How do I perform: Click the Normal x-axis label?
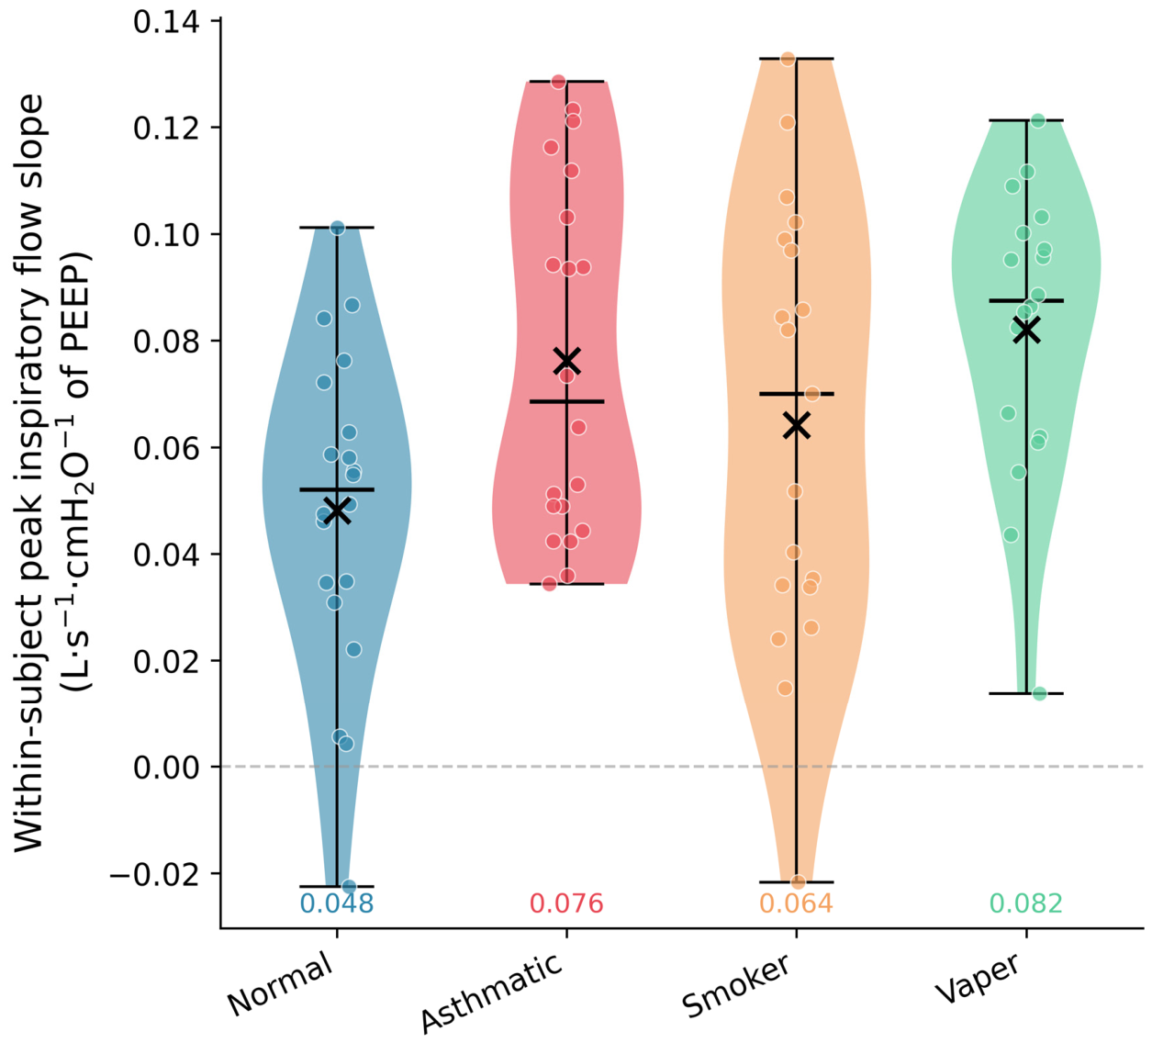click(x=280, y=984)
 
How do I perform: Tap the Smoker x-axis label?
click(x=737, y=985)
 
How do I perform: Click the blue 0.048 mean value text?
click(x=337, y=904)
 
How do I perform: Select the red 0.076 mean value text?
click(x=566, y=904)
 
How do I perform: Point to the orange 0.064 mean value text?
click(x=796, y=904)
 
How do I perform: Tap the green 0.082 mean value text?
click(x=1025, y=904)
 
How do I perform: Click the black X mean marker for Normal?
click(x=337, y=510)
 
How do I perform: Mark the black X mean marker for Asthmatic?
click(x=566, y=361)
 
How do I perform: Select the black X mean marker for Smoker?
click(x=797, y=425)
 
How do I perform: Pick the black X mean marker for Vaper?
click(x=1026, y=330)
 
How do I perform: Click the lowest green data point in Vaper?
click(x=1039, y=693)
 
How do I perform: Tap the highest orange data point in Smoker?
click(x=788, y=59)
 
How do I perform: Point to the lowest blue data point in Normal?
click(x=349, y=886)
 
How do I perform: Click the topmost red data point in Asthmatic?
click(x=558, y=82)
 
